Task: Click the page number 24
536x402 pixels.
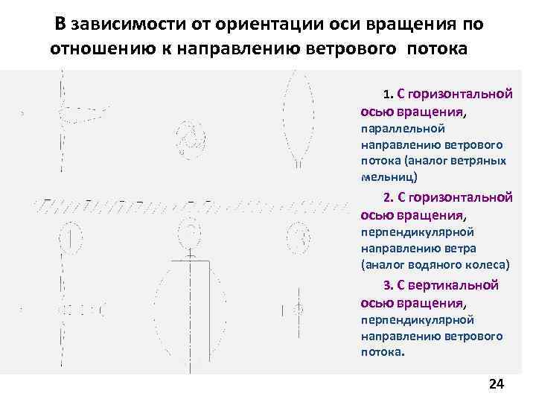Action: click(x=496, y=384)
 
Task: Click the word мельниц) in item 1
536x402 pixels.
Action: click(x=389, y=177)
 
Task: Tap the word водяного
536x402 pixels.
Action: click(x=433, y=264)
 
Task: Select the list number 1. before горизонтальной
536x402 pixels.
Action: click(x=387, y=95)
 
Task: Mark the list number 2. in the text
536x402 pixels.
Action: click(x=387, y=199)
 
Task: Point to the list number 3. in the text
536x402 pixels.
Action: click(x=387, y=286)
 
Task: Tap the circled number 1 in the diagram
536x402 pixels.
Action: click(x=69, y=239)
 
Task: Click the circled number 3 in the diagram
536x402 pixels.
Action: click(x=301, y=238)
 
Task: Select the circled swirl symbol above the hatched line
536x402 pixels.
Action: click(x=188, y=137)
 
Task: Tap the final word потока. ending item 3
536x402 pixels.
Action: click(x=383, y=352)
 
